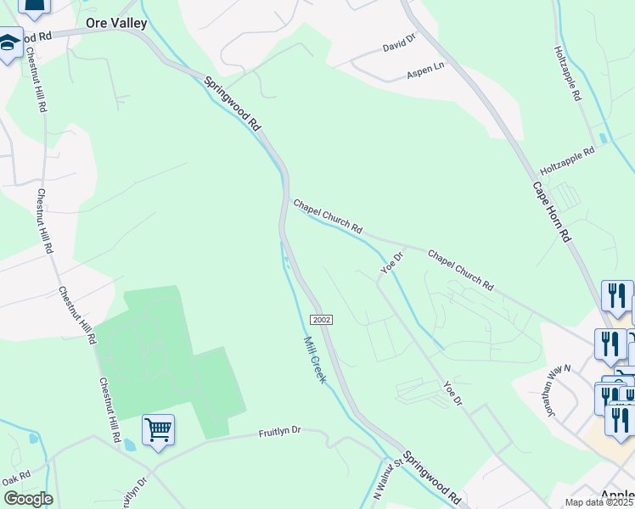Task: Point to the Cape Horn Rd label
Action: [552, 213]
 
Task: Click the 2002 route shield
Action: [321, 319]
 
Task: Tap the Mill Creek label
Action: [315, 359]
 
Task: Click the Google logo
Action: [28, 499]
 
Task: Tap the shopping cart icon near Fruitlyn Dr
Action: [158, 429]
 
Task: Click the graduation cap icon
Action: [9, 43]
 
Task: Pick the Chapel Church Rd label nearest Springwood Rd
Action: [328, 217]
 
